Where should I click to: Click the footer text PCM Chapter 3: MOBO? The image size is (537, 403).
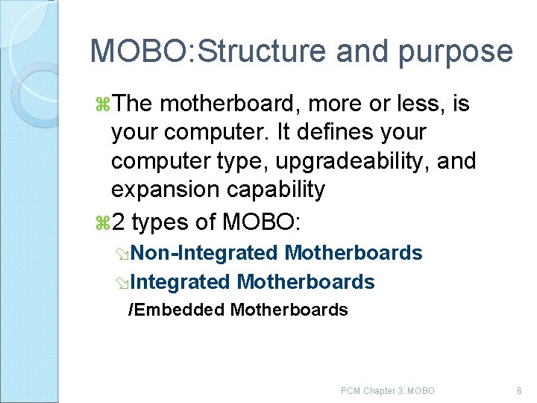[x=387, y=390]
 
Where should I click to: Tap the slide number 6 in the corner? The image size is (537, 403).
[x=519, y=390]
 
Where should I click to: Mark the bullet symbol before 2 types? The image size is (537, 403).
[x=104, y=221]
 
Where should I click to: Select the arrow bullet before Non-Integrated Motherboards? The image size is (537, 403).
[x=132, y=254]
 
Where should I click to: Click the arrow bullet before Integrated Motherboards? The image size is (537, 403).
[x=132, y=284]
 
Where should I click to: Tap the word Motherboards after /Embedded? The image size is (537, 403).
[x=289, y=310]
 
